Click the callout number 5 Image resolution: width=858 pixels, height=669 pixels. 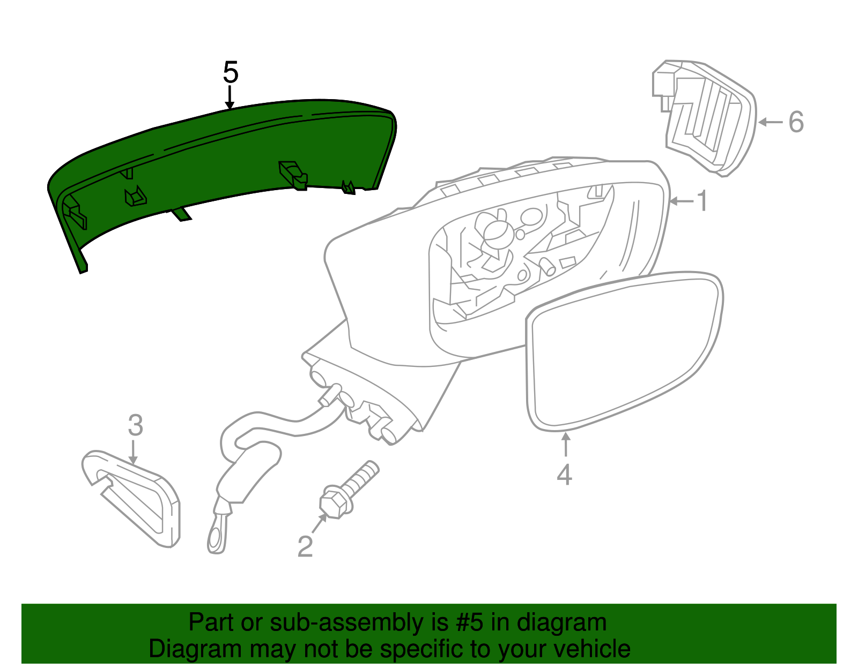[x=231, y=72]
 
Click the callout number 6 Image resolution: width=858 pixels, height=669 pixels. [x=796, y=122]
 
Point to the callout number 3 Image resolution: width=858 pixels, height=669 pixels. [x=136, y=425]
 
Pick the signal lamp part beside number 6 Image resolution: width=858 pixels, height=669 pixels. [x=705, y=118]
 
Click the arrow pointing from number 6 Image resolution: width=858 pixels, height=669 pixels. [x=771, y=122]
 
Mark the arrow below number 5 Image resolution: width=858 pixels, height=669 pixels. [x=230, y=97]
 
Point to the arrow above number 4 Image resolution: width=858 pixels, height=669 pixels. [x=566, y=444]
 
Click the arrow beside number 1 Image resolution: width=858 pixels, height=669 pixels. [x=682, y=201]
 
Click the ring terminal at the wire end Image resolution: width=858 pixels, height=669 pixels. [x=217, y=537]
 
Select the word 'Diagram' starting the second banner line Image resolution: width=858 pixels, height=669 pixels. [x=195, y=649]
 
